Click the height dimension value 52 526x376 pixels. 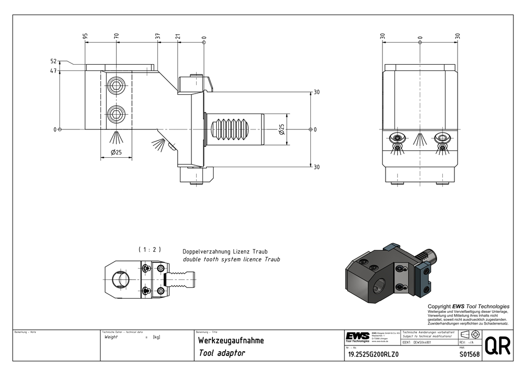(x=53, y=62)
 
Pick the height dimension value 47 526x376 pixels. (x=53, y=70)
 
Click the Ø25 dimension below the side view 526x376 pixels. (x=116, y=153)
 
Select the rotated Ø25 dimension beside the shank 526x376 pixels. (x=282, y=129)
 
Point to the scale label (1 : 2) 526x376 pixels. (x=149, y=249)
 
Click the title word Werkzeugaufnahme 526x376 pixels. (x=231, y=341)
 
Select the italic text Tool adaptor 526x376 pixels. (x=222, y=353)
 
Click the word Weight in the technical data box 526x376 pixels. (x=112, y=337)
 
